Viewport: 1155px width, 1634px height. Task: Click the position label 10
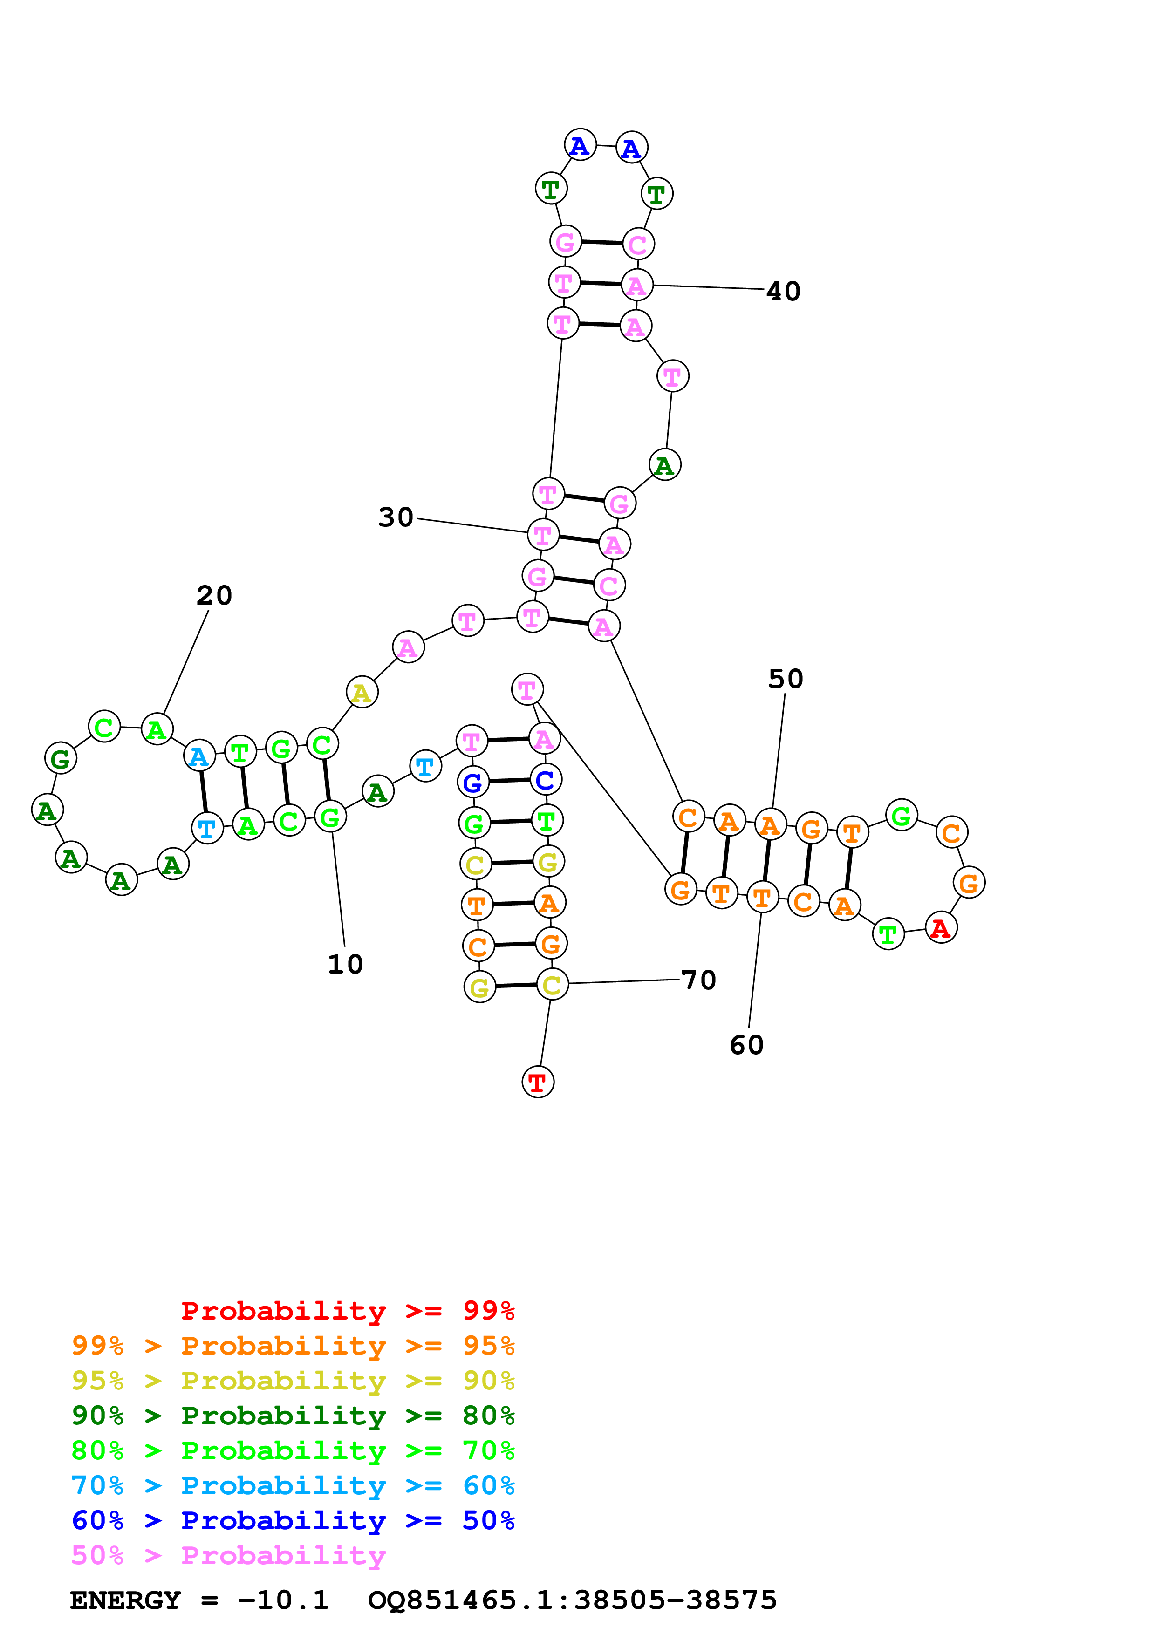(345, 964)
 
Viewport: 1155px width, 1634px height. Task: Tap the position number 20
(214, 596)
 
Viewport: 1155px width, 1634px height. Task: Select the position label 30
(396, 517)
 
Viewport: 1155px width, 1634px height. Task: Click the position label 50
(786, 679)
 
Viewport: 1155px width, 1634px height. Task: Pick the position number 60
(746, 1045)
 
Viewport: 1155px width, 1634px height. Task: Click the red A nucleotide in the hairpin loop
(941, 927)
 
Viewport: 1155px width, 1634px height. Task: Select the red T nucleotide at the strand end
(537, 1083)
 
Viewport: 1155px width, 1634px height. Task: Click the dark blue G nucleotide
(472, 783)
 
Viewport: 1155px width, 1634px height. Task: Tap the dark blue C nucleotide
(545, 780)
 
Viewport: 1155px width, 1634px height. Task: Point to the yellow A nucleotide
(362, 693)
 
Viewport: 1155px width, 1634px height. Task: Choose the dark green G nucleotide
(61, 759)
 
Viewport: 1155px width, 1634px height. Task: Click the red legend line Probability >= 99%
(347, 1310)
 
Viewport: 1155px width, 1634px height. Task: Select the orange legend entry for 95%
(293, 1345)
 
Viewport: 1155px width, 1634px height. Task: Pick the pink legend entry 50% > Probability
(228, 1555)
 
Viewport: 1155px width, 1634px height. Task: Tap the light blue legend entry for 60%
(293, 1485)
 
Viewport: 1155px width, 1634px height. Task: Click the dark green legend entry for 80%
(293, 1416)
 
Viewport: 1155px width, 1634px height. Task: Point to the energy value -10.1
(283, 1600)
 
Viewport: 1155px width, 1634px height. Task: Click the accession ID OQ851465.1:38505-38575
(572, 1600)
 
